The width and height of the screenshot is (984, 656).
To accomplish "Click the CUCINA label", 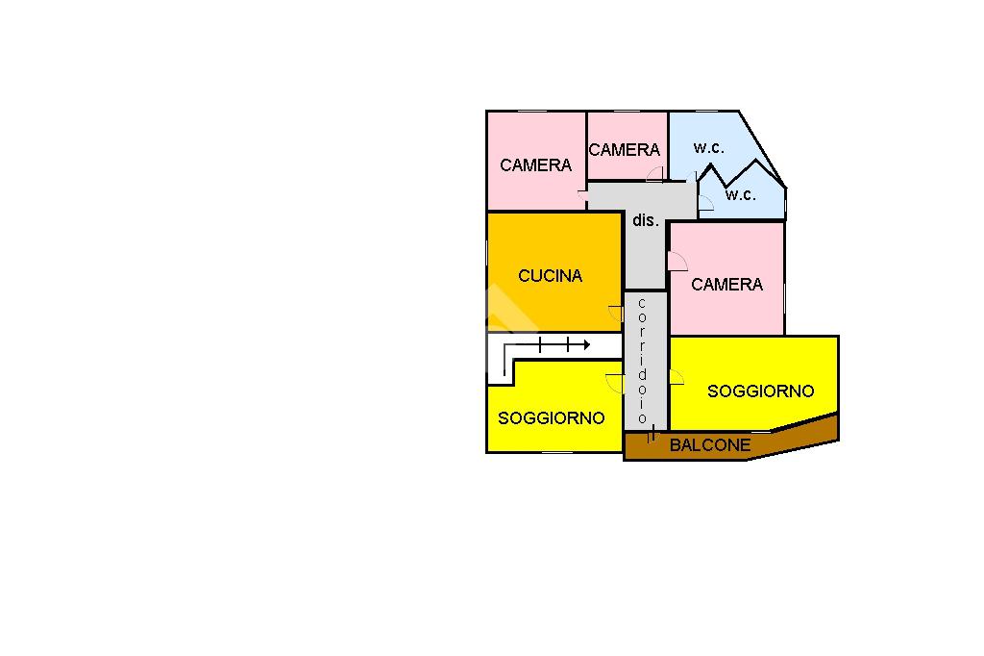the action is pyautogui.click(x=550, y=276).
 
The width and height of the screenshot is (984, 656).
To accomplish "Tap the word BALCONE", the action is pyautogui.click(x=710, y=445).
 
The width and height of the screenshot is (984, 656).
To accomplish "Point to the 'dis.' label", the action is pyautogui.click(x=645, y=220).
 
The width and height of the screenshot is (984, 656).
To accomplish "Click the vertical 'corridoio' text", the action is pyautogui.click(x=642, y=361).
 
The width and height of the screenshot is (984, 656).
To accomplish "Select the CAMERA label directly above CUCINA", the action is pyautogui.click(x=535, y=165).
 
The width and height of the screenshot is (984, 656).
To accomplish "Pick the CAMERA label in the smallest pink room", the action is pyautogui.click(x=625, y=150).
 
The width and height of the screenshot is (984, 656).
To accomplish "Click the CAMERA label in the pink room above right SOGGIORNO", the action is pyautogui.click(x=726, y=285).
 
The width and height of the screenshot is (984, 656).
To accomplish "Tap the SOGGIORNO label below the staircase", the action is pyautogui.click(x=551, y=418).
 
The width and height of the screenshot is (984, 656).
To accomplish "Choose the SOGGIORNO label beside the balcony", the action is pyautogui.click(x=760, y=391).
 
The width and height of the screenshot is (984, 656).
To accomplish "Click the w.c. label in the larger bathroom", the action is pyautogui.click(x=709, y=148).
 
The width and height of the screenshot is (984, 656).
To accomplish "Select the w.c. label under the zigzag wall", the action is pyautogui.click(x=741, y=195).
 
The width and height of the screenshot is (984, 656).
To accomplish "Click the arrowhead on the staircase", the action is pyautogui.click(x=584, y=344).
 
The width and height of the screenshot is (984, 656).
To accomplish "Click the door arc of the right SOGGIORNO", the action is pyautogui.click(x=676, y=377).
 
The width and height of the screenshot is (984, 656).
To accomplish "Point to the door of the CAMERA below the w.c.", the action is pyautogui.click(x=676, y=261).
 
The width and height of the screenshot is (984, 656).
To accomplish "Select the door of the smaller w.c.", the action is pyautogui.click(x=705, y=202).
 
